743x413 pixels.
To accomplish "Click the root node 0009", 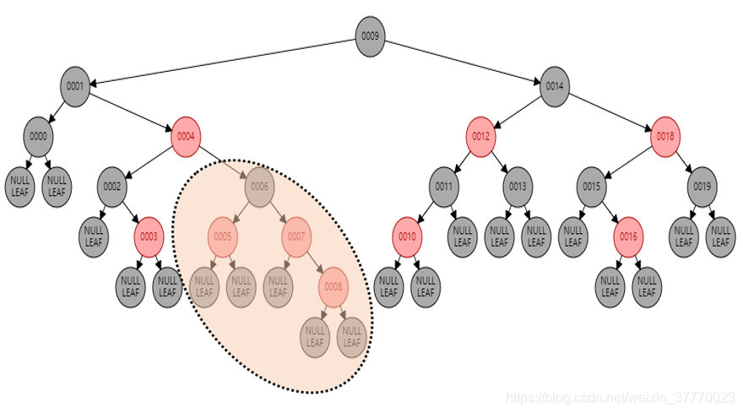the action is coord(370,36).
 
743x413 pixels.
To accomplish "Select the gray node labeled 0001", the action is coord(75,86).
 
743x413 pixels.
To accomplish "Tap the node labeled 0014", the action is coord(554,86).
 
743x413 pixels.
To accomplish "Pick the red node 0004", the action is coord(186,136).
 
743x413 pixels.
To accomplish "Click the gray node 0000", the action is coord(38,136).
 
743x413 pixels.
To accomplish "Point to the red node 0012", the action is coord(480,136).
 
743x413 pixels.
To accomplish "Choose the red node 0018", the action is coord(664,136).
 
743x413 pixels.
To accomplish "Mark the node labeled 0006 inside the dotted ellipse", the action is coord(259,186).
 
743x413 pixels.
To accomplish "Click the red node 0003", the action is coord(149,236).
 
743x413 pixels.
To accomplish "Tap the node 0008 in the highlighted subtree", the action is coord(334,287).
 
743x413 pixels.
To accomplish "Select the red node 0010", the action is coord(407,236).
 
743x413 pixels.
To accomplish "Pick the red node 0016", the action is coord(628,236).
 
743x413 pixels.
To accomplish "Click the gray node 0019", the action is coord(702,186).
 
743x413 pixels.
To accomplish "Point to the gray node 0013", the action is coord(518,186).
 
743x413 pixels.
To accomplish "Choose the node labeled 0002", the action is coord(112,186).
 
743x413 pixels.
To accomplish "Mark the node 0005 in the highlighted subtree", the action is coord(223,236).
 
